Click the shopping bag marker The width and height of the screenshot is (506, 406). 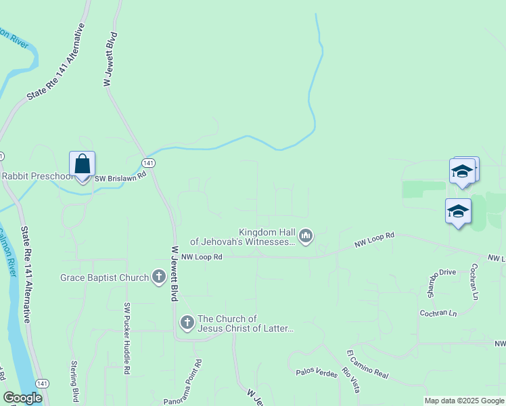coord(82,164)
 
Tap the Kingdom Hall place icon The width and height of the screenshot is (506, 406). coord(306,235)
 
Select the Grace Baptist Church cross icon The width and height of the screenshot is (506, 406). coord(159,277)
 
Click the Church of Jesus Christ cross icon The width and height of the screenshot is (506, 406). coord(187,323)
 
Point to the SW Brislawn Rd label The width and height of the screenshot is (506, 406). coord(120,177)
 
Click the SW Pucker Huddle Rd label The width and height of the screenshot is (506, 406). coord(127,338)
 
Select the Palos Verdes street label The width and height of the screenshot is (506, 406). coord(316,373)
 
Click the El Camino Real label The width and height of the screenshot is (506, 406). coord(368,364)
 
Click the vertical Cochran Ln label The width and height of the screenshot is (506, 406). coord(475,281)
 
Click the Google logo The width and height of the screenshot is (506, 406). coord(22,398)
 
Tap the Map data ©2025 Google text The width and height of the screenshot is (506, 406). coord(465,401)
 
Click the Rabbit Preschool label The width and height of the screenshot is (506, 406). coord(37,177)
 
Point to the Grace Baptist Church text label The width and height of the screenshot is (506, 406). coord(104,277)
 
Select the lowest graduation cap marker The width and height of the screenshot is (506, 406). coord(458,212)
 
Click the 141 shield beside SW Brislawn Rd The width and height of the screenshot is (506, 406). coord(149,163)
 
